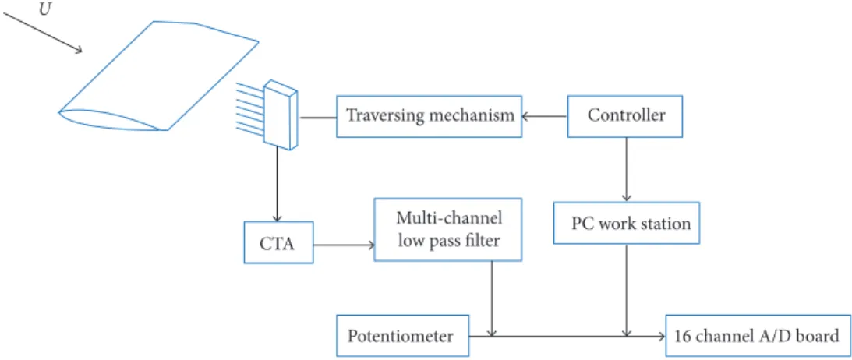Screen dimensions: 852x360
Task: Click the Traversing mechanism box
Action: tap(430, 116)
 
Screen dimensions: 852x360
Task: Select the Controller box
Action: tap(625, 116)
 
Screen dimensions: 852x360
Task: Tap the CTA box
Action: tap(278, 242)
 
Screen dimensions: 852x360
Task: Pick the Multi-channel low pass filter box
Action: tap(448, 230)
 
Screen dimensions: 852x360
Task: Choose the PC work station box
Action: tap(627, 223)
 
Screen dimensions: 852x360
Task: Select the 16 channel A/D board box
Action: tap(757, 336)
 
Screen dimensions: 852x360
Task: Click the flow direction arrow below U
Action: tap(42, 34)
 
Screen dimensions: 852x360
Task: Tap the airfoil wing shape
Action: tap(157, 76)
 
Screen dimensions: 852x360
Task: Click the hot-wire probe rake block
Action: tap(281, 115)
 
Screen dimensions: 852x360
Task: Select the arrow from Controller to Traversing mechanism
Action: tap(544, 116)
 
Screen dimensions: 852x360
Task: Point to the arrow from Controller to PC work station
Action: tap(627, 169)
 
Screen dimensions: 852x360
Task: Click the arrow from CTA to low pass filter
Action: tap(344, 245)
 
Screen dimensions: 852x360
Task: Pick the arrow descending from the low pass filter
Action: tap(492, 298)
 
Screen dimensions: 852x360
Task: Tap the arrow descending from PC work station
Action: tap(627, 290)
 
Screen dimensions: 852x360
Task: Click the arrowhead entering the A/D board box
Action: tap(662, 336)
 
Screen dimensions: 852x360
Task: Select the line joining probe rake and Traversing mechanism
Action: tap(318, 117)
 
